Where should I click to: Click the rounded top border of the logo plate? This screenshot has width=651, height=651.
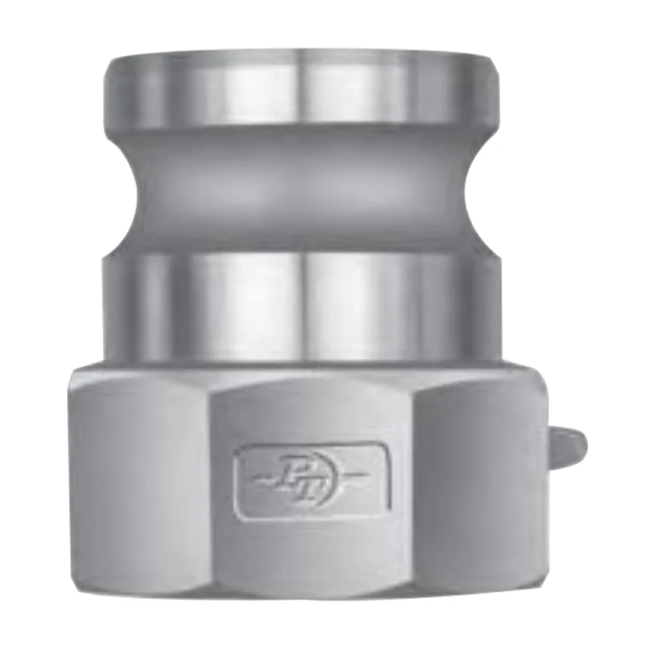click(311, 446)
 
